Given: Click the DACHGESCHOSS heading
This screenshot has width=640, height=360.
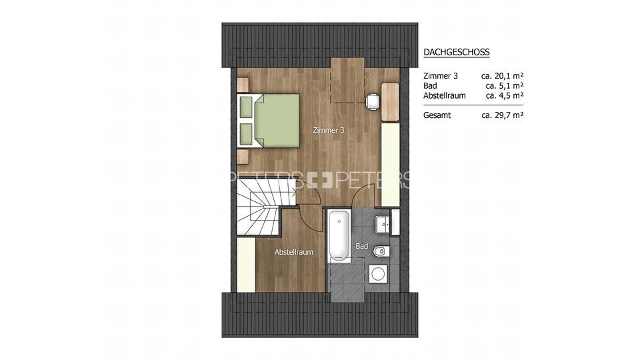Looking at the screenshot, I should (457, 52).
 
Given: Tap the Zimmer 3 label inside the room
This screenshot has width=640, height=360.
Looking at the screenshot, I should (328, 131).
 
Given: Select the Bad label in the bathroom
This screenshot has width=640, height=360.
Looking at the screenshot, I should (362, 247).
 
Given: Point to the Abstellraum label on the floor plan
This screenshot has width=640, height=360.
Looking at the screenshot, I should (294, 252).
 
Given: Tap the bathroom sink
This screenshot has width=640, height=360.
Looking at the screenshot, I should (383, 223).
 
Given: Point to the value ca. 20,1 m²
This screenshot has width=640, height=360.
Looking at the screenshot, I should (502, 76).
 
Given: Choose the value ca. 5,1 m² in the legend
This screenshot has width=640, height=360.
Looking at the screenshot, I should (504, 86).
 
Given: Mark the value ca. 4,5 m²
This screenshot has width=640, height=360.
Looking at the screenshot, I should (504, 95).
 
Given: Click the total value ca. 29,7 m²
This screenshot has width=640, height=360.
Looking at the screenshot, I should (502, 115).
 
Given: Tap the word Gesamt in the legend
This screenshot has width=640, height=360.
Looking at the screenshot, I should (437, 115).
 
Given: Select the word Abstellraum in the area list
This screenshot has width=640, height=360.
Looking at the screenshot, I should (445, 95).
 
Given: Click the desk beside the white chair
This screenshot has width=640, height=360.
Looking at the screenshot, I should (390, 101).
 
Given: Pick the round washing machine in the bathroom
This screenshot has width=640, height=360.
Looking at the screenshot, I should (379, 273).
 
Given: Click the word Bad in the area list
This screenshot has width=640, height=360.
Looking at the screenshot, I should (431, 86).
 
